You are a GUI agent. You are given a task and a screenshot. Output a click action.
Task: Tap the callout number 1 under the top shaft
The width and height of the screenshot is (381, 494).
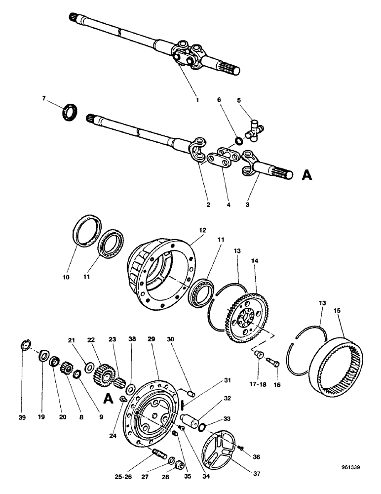[197, 99]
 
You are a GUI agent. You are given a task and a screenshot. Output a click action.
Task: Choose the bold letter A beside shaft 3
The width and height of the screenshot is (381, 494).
[306, 175]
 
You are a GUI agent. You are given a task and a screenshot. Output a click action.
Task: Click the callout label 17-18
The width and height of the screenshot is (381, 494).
[259, 382]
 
